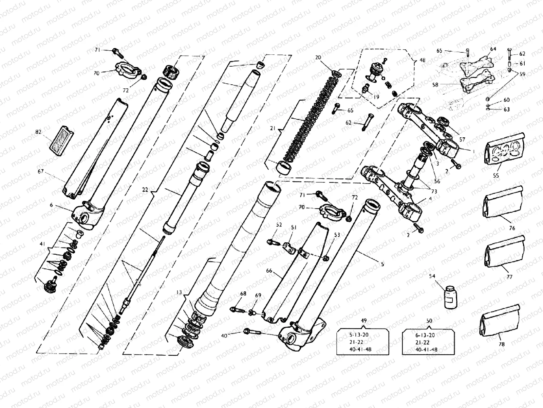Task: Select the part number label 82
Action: pyautogui.click(x=38, y=132)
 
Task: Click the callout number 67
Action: pyautogui.click(x=41, y=172)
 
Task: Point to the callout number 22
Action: pyautogui.click(x=145, y=190)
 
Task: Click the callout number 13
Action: pyautogui.click(x=179, y=292)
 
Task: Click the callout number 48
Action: pyautogui.click(x=422, y=60)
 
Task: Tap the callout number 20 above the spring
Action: pyautogui.click(x=318, y=57)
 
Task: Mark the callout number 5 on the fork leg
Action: pyautogui.click(x=382, y=264)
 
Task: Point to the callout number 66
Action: pyautogui.click(x=269, y=271)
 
